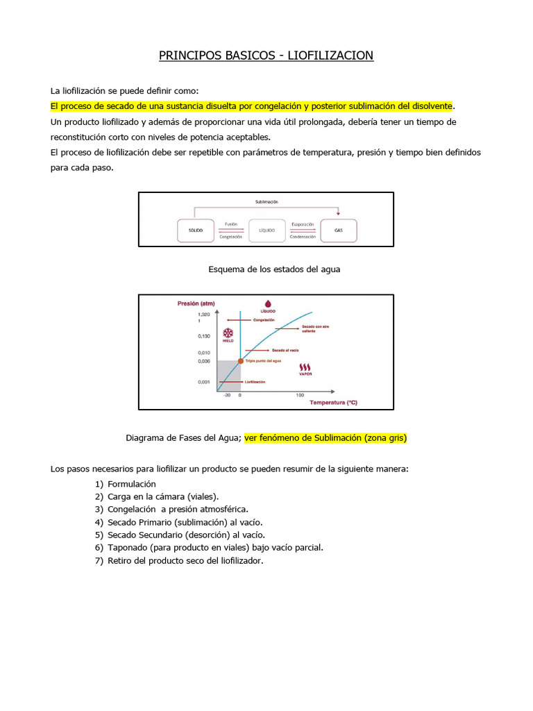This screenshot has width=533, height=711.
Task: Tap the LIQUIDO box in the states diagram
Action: pyautogui.click(x=266, y=230)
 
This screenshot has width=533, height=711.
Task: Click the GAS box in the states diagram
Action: pyautogui.click(x=339, y=230)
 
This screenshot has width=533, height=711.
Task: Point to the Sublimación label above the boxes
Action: pyautogui.click(x=266, y=201)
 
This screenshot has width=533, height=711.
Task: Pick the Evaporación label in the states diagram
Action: pyautogui.click(x=303, y=224)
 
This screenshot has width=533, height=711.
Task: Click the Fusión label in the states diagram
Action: pyautogui.click(x=230, y=224)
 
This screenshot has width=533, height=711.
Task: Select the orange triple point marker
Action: pyautogui.click(x=241, y=361)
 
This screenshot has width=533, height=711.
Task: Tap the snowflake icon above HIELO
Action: pyautogui.click(x=227, y=332)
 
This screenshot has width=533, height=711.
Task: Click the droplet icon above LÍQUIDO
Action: pyautogui.click(x=267, y=303)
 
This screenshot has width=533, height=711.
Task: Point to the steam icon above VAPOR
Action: pyautogui.click(x=305, y=366)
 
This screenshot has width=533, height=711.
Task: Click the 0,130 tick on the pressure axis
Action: pyautogui.click(x=204, y=336)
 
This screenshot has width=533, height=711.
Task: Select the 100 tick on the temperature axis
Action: pyautogui.click(x=300, y=395)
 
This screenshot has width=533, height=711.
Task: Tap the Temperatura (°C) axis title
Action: pyautogui.click(x=333, y=403)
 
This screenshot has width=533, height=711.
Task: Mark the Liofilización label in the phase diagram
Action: pyautogui.click(x=255, y=382)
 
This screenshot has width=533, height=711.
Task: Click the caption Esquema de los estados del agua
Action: pyautogui.click(x=274, y=269)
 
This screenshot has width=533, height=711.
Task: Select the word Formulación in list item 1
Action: pyautogui.click(x=132, y=484)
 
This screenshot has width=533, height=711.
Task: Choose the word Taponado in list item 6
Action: pyautogui.click(x=128, y=547)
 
